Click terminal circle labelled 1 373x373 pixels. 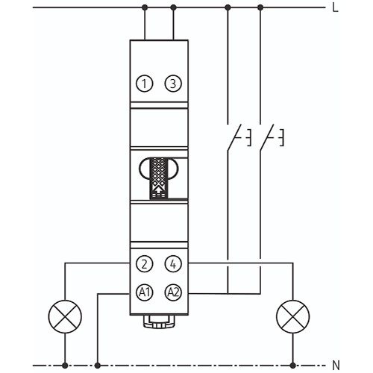pos(145,84)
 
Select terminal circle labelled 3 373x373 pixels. pos(173,84)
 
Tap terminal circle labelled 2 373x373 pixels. pos(145,264)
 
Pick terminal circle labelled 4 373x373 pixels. pos(173,264)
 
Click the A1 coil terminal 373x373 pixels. pos(145,292)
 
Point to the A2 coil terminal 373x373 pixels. pos(173,292)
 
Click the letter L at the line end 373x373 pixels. pos(336,8)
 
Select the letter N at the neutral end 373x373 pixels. pos(336,366)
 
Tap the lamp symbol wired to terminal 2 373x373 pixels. pos(65,316)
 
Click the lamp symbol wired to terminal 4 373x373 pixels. pos(293,316)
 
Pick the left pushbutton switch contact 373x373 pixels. pos(234,137)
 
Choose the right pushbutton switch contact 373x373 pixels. pos(267,137)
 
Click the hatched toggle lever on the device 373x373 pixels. pos(159,178)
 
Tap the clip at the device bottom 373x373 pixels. pos(159,322)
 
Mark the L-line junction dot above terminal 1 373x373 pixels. pos(145,7)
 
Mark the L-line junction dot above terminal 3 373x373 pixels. pos(174,7)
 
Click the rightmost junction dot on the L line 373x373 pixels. pos(260,7)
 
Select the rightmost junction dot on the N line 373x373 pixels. pos(293,366)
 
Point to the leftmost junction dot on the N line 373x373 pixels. pos(65,366)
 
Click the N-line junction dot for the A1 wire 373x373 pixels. pos(98,366)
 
